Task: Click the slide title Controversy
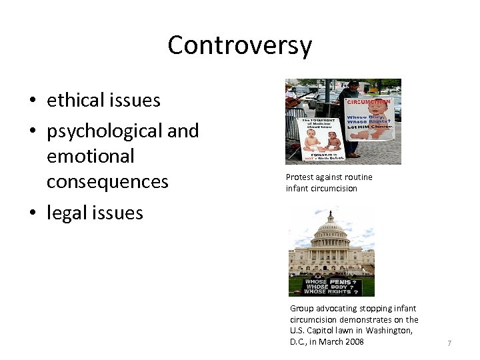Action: (x=239, y=45)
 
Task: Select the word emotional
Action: (x=90, y=156)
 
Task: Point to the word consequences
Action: (x=107, y=181)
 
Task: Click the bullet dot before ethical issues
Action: (x=32, y=101)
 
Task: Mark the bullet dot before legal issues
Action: (x=32, y=214)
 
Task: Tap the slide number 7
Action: (x=449, y=343)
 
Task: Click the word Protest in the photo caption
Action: (x=299, y=177)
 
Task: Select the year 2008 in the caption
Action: (x=353, y=342)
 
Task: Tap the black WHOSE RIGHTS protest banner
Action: (x=331, y=287)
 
